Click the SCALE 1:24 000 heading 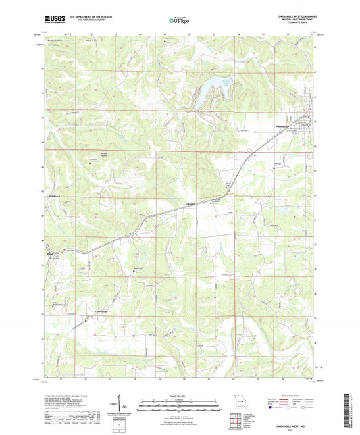pyautogui.click(x=180, y=395)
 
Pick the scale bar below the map pyautogui.click(x=180, y=406)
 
